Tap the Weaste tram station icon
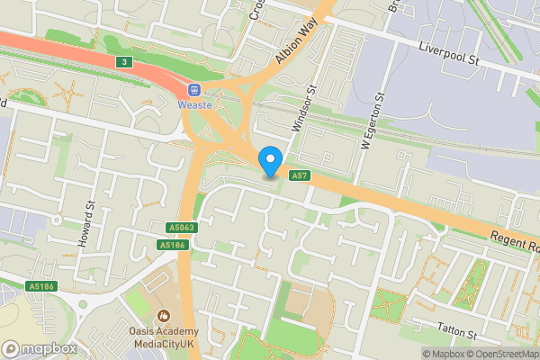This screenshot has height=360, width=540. [194, 89]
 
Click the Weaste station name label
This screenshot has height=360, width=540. [194, 105]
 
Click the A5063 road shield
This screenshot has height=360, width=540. [181, 229]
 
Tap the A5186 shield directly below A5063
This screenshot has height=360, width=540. [171, 245]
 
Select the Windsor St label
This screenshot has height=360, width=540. [301, 109]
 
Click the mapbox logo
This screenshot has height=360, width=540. [39, 348]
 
